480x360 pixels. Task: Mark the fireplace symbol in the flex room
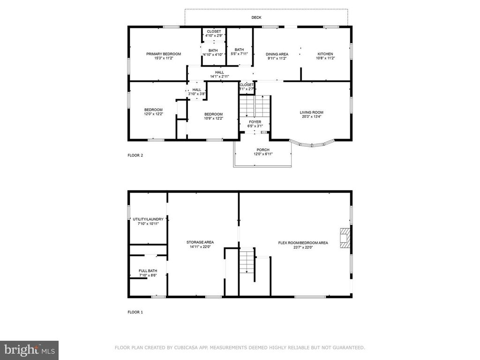click(345, 238)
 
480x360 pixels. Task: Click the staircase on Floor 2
click(254, 107)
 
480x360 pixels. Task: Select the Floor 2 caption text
click(135, 155)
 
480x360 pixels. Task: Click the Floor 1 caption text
click(135, 312)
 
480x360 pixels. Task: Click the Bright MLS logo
click(29, 350)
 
